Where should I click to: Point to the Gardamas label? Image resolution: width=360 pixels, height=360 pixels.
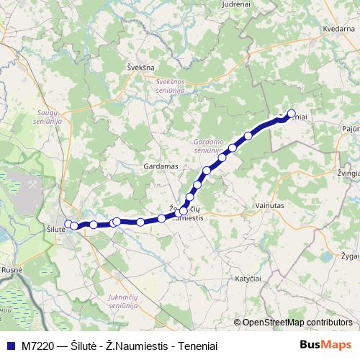pos(161,166)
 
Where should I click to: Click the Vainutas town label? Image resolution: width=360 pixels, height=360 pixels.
pos(271,205)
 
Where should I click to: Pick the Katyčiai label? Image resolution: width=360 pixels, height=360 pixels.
pos(248,277)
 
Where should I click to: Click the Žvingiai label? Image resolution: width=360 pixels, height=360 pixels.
pos(348,174)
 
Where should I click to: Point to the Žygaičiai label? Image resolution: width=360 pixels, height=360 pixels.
pos(350,256)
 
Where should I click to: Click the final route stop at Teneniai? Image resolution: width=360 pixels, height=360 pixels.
pos(292,113)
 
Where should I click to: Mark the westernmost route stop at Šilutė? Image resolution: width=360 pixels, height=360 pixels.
pos(68,223)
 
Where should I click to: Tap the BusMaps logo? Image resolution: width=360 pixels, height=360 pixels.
pos(325,345)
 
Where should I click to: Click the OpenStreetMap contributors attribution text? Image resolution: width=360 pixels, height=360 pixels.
pos(297,323)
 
